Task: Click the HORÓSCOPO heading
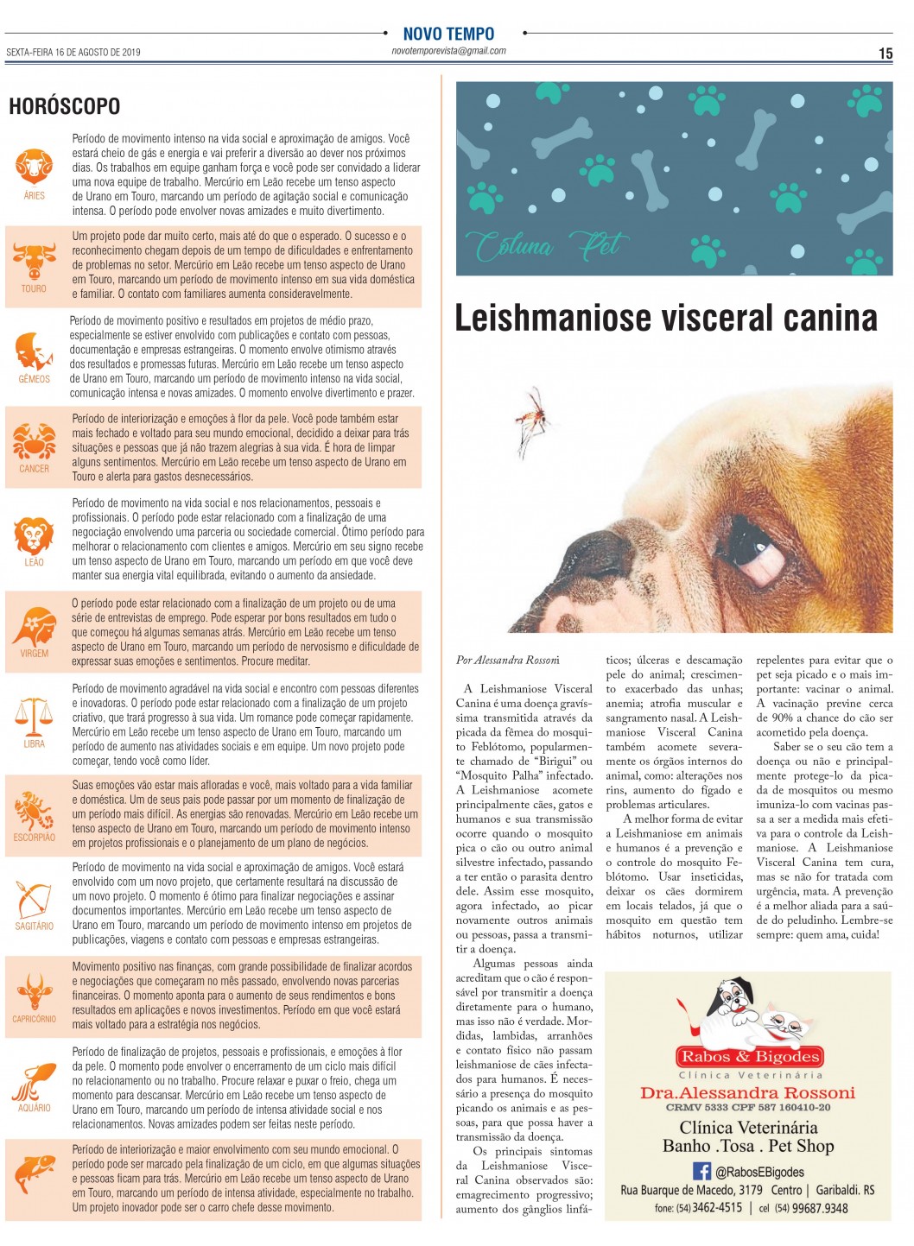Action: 64,106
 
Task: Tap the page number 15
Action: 885,54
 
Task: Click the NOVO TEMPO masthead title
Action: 448,34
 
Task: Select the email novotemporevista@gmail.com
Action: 448,51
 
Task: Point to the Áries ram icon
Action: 34,164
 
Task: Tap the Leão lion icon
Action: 34,535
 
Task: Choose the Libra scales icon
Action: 34,716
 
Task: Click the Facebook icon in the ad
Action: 702,1171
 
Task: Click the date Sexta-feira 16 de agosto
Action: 73,52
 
